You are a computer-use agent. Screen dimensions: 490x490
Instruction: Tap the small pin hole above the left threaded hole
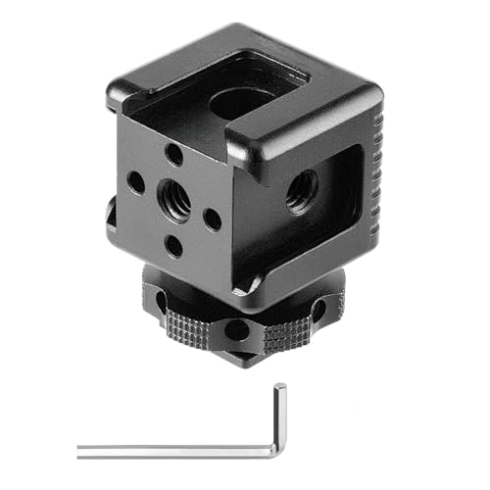(173, 153)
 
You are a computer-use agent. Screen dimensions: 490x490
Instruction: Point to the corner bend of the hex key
(278, 452)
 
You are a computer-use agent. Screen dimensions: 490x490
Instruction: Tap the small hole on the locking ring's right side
(318, 312)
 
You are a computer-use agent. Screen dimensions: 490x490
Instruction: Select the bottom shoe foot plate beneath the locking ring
(240, 359)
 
